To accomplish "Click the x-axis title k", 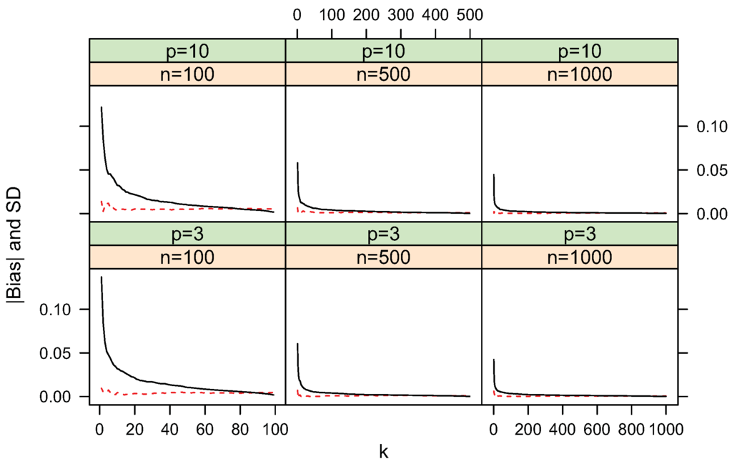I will pyautogui.click(x=384, y=451).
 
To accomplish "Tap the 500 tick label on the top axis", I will pyautogui.click(x=469, y=15).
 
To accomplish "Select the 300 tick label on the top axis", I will pyautogui.click(x=400, y=15).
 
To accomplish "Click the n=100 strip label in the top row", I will pyautogui.click(x=187, y=74).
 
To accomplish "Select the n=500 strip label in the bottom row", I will pyautogui.click(x=384, y=257).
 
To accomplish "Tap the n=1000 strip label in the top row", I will pyautogui.click(x=580, y=74).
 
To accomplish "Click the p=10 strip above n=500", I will pyautogui.click(x=384, y=51).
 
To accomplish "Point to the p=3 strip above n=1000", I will pyautogui.click(x=580, y=234).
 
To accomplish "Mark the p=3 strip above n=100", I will pyautogui.click(x=187, y=234).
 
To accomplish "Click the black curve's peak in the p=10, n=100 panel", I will pyautogui.click(x=102, y=107).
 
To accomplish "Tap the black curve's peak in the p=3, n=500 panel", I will pyautogui.click(x=297, y=344).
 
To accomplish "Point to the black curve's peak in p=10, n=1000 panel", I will pyautogui.click(x=493, y=174).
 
